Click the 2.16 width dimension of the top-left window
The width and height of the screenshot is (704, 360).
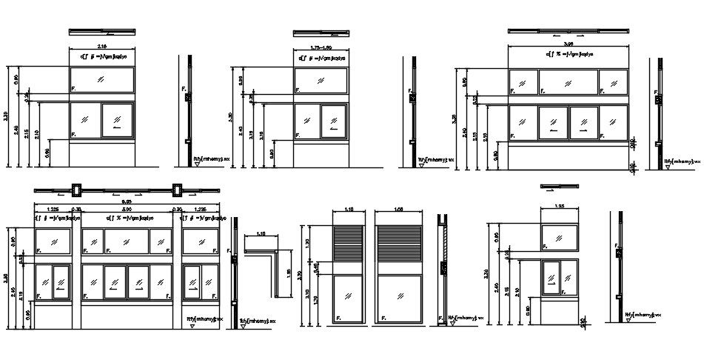(102, 46)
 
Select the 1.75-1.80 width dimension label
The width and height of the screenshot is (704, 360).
(320, 47)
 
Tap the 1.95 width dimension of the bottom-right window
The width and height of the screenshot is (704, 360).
(560, 205)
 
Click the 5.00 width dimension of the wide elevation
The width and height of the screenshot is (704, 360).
(127, 210)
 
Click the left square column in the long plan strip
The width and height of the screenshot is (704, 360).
(76, 190)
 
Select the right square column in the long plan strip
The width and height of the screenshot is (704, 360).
(178, 190)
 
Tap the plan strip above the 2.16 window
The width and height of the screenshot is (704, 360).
(102, 32)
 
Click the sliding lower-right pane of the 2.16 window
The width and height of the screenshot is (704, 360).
(116, 120)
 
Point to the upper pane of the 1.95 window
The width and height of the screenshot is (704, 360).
(560, 236)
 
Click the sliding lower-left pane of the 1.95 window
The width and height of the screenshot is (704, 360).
(552, 276)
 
